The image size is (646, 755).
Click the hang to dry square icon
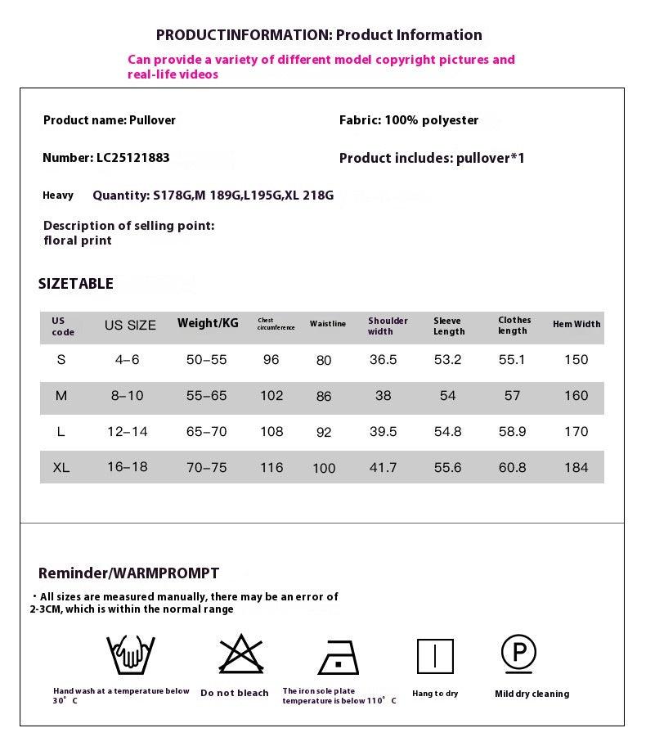click(435, 656)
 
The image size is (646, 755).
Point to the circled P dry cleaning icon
click(518, 652)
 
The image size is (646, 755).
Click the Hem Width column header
click(576, 324)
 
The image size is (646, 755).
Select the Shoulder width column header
click(388, 326)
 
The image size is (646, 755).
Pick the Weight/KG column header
click(208, 323)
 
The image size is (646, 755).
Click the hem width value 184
click(576, 468)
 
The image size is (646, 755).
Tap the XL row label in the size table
click(61, 468)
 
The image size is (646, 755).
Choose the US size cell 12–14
click(128, 432)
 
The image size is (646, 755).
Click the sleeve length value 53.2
click(447, 360)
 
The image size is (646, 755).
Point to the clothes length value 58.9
click(512, 432)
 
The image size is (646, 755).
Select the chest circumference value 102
click(271, 396)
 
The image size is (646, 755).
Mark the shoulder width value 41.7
click(383, 468)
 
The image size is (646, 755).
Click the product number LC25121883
click(132, 158)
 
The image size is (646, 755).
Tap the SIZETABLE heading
click(76, 284)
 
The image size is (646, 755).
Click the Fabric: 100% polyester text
click(409, 120)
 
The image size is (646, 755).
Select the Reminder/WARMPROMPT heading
click(128, 573)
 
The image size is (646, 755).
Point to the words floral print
click(78, 240)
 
